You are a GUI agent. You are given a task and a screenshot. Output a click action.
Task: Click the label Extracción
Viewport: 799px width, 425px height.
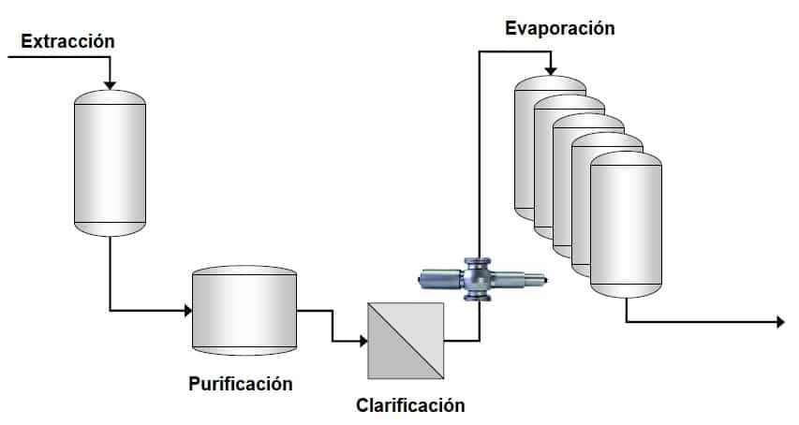67,41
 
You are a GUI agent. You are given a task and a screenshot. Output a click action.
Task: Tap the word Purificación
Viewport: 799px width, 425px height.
241,384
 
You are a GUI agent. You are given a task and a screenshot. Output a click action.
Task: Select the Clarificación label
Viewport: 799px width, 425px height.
410,405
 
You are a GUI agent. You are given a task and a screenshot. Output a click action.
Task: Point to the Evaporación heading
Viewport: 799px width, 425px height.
559,28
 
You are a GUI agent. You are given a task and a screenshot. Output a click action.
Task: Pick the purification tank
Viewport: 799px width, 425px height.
244,314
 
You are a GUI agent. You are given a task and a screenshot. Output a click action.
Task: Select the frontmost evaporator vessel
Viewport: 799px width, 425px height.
626,225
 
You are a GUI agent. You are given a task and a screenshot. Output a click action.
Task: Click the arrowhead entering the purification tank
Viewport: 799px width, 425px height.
185,310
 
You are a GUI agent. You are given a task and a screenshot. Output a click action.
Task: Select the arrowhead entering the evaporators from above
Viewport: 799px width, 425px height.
551,71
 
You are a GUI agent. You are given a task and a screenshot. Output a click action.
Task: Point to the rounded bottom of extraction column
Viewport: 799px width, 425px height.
110,228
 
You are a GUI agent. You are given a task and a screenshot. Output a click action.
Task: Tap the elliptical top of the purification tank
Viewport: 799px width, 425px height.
244,272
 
